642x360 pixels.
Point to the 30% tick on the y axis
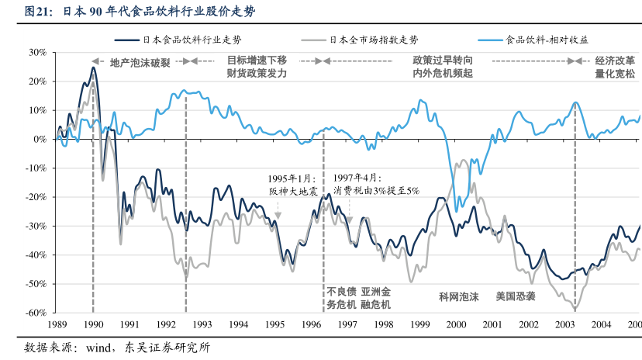point(39,52)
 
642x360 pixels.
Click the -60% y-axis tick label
point(37,313)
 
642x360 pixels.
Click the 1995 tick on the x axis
point(275,325)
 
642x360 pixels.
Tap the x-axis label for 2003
point(566,325)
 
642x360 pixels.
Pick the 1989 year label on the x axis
point(57,325)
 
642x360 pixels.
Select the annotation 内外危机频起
point(444,74)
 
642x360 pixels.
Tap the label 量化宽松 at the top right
point(615,74)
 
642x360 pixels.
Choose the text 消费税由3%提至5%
point(376,191)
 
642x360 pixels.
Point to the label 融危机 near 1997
point(376,305)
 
